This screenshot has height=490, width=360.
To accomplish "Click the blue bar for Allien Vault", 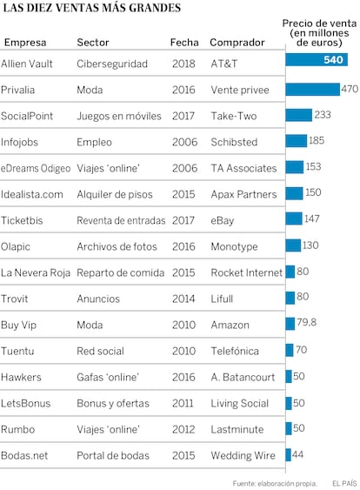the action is [x=317, y=59].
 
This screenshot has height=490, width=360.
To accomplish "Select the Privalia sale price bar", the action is [x=312, y=90].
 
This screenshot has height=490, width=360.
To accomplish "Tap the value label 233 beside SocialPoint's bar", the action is [x=323, y=115].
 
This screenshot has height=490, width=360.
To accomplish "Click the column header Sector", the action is [x=93, y=42].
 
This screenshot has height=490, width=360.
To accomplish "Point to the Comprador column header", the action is [x=237, y=42].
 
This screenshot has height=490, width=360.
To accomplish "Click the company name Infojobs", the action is [x=19, y=142].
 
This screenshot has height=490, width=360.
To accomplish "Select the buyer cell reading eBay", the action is [x=223, y=220].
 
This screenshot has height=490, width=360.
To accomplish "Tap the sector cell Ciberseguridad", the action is [x=112, y=64].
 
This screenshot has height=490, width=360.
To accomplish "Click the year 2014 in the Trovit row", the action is [x=183, y=299].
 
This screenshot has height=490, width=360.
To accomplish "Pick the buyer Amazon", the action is [x=230, y=325].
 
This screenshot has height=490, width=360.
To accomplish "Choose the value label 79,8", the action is [x=307, y=322].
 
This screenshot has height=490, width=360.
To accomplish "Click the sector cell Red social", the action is [x=100, y=351].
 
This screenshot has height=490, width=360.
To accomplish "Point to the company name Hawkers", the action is [x=21, y=377].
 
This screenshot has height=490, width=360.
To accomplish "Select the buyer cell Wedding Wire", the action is [x=243, y=456].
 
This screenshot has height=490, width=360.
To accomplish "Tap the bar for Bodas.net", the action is [x=288, y=454].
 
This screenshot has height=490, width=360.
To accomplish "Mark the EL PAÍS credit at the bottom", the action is [x=344, y=483].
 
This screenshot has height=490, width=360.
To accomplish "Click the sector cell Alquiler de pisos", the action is [x=115, y=194].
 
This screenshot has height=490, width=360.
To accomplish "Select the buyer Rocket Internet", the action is [x=247, y=272].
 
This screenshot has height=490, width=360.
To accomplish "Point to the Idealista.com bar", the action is [x=294, y=193].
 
